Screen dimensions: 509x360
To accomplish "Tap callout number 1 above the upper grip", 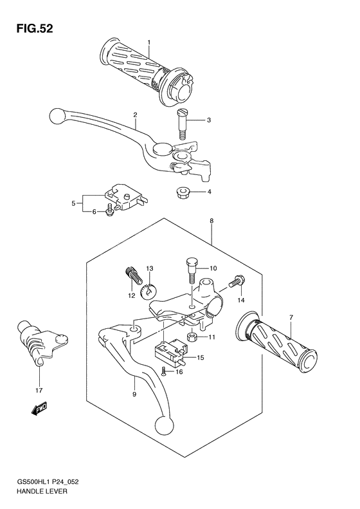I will tap(148, 42).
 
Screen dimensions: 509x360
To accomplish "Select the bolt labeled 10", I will tap(190, 270).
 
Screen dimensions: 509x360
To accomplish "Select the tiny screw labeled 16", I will tap(164, 370).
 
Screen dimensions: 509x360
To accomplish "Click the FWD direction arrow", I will tap(39, 407).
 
